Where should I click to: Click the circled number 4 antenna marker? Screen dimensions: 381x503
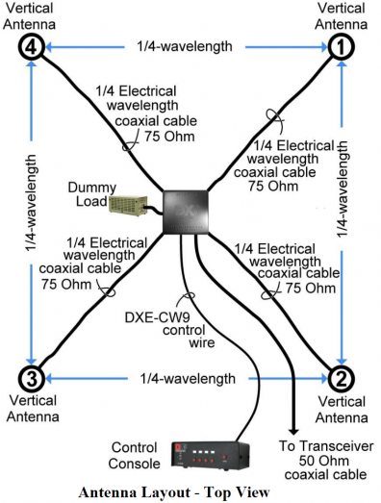pyautogui.click(x=31, y=47)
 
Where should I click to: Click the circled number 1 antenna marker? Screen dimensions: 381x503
pyautogui.click(x=342, y=47)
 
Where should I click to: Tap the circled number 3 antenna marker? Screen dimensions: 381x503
pyautogui.click(x=31, y=379)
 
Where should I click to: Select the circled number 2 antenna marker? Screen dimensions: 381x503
pyautogui.click(x=342, y=379)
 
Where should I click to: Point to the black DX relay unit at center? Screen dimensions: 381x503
pyautogui.click(x=186, y=212)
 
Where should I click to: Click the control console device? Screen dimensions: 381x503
pyautogui.click(x=211, y=456)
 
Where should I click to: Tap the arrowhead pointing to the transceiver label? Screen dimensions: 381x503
pyautogui.click(x=293, y=431)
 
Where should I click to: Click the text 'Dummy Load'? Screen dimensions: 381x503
pyautogui.click(x=91, y=194)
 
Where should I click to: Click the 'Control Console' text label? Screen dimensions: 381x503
pyautogui.click(x=134, y=456)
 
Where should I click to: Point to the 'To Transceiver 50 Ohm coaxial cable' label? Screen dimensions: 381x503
pyautogui.click(x=325, y=461)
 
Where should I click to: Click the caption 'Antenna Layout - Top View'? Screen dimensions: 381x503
pyautogui.click(x=174, y=492)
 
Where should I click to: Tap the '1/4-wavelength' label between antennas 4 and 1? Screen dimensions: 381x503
pyautogui.click(x=185, y=46)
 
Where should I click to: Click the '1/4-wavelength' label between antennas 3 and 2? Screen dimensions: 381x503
pyautogui.click(x=188, y=379)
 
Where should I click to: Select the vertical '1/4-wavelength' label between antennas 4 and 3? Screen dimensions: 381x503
pyautogui.click(x=31, y=203)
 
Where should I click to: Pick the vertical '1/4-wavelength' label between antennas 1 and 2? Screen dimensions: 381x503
pyautogui.click(x=342, y=189)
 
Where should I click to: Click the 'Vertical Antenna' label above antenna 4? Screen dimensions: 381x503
pyautogui.click(x=29, y=16)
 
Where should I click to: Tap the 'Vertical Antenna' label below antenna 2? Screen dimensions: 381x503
pyautogui.click(x=342, y=410)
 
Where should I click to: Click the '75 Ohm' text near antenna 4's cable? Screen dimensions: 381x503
pyautogui.click(x=169, y=137)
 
